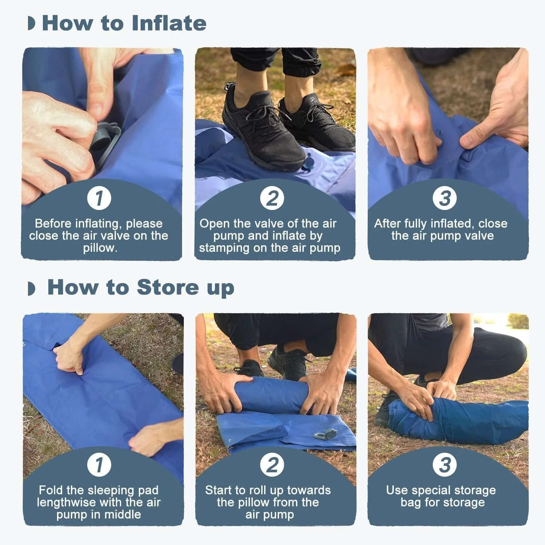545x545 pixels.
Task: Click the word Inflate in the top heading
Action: tap(169, 23)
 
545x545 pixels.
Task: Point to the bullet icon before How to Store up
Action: tap(32, 288)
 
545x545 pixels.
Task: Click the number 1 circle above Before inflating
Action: tap(99, 198)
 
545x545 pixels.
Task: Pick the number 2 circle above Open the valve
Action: tap(272, 198)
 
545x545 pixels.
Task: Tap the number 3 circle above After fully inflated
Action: tap(445, 198)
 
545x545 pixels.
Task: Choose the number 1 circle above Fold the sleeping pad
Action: tap(99, 465)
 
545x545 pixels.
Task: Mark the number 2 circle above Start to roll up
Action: tap(272, 465)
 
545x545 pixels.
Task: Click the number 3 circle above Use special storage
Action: tap(445, 465)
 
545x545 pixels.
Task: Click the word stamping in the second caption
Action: tap(228, 248)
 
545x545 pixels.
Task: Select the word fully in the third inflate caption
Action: tap(414, 223)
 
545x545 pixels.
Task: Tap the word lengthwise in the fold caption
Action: tap(66, 502)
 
